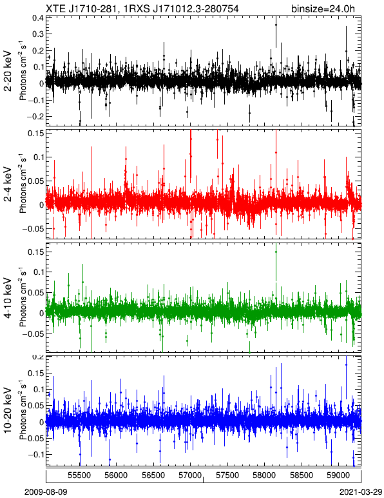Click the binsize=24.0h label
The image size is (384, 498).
point(323,8)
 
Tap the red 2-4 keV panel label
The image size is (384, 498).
point(8,184)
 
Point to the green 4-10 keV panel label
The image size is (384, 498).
point(8,297)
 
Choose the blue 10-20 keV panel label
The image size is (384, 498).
point(8,411)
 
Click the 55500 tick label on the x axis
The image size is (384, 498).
point(79,475)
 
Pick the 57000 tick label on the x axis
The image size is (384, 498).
point(190,475)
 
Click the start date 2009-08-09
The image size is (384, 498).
point(46,492)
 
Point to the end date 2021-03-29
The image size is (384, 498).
point(361,492)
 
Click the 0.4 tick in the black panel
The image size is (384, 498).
point(38,17)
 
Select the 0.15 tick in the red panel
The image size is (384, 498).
point(35,133)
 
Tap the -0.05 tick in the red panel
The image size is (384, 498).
point(33,228)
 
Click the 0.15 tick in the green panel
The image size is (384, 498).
point(35,252)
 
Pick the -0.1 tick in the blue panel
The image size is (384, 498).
point(35,455)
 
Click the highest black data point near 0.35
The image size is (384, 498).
point(276,25)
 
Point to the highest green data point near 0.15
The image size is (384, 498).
point(276,252)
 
